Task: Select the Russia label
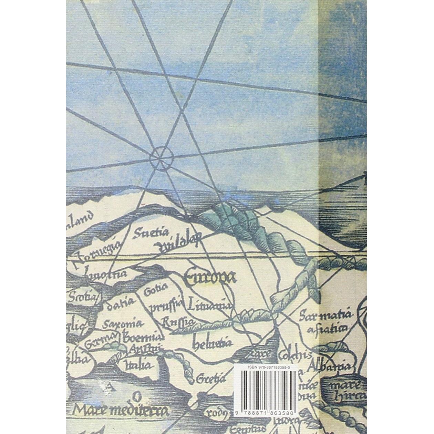coord(177,321)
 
